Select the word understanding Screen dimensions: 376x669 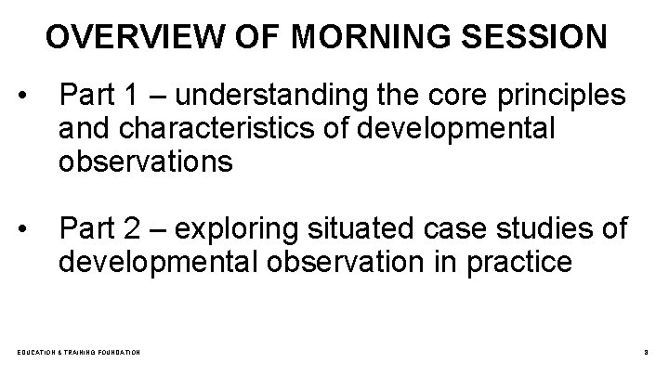(267, 97)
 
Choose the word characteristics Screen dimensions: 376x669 (215, 129)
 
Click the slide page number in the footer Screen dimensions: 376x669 (645, 353)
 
